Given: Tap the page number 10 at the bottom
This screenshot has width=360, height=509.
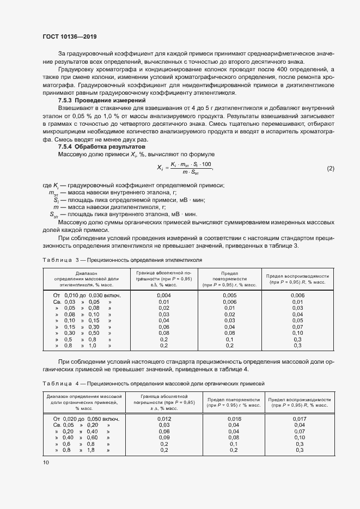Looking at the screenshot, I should point(46,462).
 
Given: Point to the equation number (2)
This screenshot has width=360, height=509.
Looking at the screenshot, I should point(330,168).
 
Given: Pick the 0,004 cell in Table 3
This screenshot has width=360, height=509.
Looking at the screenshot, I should point(164,295).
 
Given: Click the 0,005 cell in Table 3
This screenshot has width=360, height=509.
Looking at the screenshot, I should point(229,295).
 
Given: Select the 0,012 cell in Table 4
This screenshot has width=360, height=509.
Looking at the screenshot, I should point(164,419).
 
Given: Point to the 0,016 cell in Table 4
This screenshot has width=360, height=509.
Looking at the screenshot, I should point(234,419).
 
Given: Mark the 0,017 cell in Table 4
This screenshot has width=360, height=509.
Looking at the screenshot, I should point(300,419).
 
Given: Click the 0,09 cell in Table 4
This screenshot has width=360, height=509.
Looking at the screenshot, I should point(164,438).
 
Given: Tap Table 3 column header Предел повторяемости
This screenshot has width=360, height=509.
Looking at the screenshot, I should point(229,278).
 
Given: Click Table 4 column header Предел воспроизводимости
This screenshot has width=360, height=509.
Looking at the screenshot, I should point(300,402).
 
